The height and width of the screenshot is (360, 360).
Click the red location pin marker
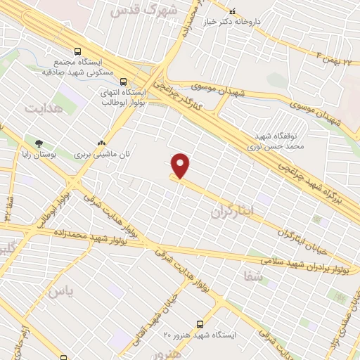[181, 165]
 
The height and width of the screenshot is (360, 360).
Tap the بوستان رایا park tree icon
[29, 143]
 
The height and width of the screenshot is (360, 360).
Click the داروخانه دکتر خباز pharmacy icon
[233, 13]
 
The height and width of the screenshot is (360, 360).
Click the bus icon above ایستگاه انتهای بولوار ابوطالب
[124, 82]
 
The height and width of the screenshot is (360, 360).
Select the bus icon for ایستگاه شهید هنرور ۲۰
[200, 324]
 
